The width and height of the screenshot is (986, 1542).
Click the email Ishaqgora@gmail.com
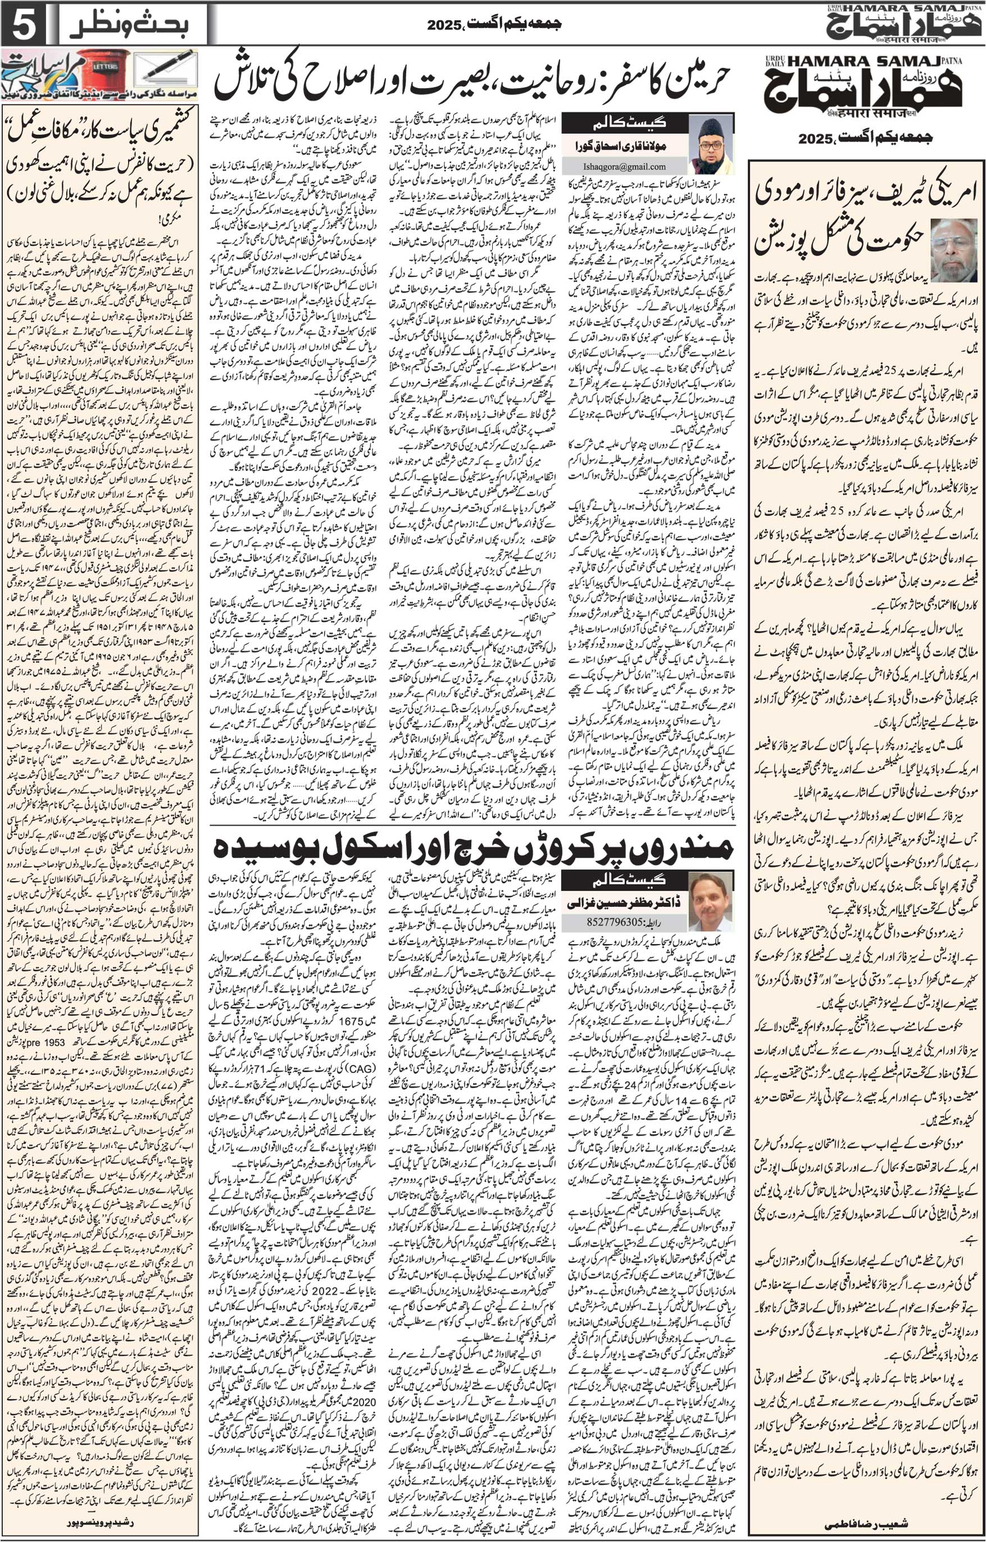[624, 166]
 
